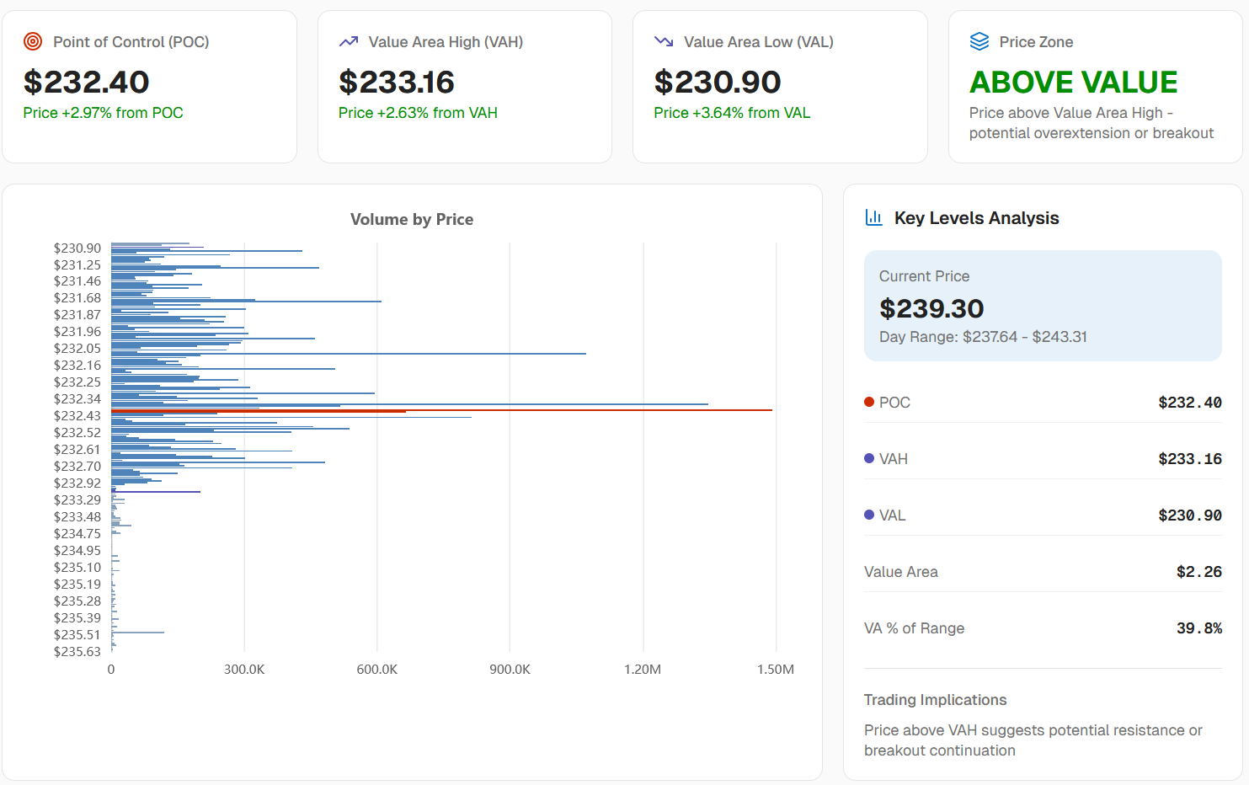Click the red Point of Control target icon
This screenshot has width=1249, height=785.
coord(33,41)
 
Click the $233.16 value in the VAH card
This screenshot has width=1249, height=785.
coord(397,82)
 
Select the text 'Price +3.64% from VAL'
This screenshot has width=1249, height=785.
coord(732,113)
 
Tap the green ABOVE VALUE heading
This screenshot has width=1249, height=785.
coord(1073,82)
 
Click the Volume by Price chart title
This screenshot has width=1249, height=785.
coord(412,219)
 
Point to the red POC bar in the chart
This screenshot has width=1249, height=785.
coord(441,410)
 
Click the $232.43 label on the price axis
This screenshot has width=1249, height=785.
coord(77,416)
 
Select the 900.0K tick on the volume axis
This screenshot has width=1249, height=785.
coord(510,669)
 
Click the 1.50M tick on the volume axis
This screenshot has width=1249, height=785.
coord(775,669)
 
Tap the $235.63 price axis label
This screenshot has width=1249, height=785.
coord(77,652)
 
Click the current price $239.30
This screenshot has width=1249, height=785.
coord(931,308)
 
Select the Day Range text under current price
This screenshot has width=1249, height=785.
coord(983,337)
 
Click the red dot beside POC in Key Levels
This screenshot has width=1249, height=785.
coord(868,402)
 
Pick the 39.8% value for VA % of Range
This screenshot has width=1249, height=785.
coord(1198,628)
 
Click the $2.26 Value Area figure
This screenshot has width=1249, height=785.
coord(1198,571)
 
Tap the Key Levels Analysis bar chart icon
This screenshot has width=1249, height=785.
coord(873,217)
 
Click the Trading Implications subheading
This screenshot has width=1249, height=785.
coord(935,700)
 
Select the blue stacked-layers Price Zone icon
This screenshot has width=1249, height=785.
coord(979,41)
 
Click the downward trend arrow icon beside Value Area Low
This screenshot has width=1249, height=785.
coord(664,41)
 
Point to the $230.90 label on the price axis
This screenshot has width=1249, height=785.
coord(77,248)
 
